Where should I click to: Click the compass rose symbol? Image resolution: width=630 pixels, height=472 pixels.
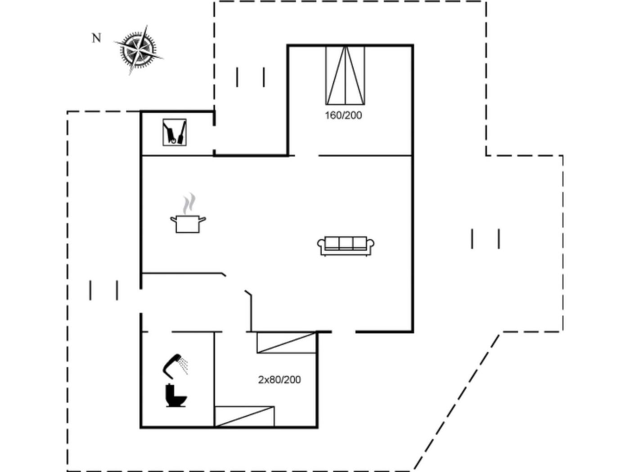point(138,50)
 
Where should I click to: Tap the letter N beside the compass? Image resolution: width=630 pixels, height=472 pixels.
point(96,38)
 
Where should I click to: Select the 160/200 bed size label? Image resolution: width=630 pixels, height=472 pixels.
point(343,116)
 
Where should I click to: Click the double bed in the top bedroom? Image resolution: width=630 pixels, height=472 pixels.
point(345,75)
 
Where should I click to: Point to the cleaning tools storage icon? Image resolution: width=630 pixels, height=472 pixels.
point(175,132)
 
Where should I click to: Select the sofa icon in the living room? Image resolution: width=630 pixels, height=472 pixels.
point(346,246)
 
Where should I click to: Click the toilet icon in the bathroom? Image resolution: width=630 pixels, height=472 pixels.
point(176,396)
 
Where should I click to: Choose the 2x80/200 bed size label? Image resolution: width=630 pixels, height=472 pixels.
point(279,380)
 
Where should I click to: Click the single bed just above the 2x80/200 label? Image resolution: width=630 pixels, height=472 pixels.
point(287,343)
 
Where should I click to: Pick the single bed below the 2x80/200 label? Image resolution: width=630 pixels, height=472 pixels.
point(244,417)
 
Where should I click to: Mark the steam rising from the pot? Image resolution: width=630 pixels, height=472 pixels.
point(189,204)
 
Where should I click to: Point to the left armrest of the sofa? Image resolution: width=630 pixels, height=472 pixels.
point(321,244)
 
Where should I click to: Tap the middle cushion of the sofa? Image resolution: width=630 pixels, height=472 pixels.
point(346,243)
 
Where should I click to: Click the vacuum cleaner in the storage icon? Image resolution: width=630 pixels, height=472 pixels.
point(169,133)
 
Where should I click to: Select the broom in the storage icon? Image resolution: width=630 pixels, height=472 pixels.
point(182,132)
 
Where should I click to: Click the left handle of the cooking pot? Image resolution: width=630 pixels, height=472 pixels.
point(173,219)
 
